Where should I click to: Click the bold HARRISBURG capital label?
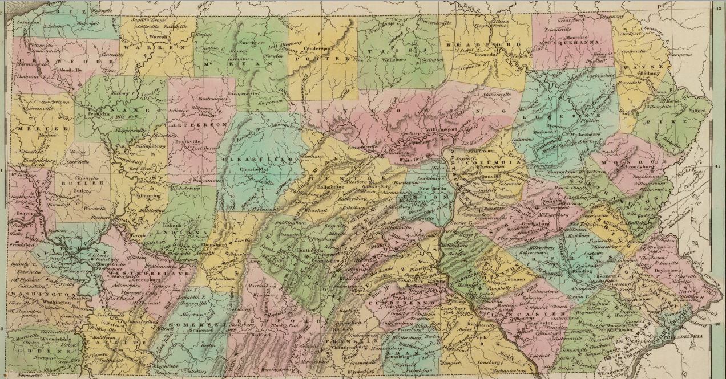click(x=449, y=283)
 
